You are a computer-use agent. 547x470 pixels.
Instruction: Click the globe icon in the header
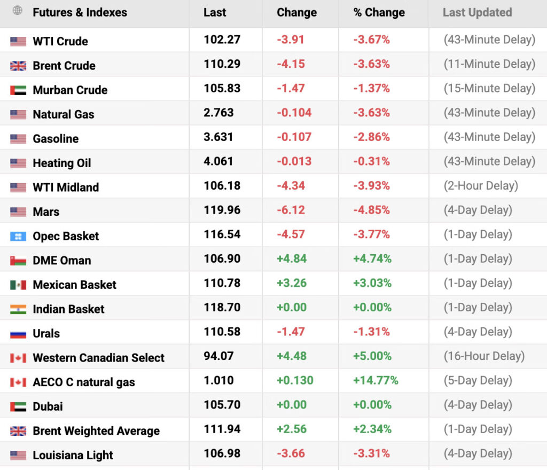tap(17, 11)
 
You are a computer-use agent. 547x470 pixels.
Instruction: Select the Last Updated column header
tap(477, 13)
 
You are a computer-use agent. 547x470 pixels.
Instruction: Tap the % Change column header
tap(379, 13)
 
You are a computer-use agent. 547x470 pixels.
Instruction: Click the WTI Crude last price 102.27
tap(222, 40)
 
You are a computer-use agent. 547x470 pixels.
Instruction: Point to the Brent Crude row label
tap(64, 66)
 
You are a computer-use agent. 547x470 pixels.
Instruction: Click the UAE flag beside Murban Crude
tap(18, 90)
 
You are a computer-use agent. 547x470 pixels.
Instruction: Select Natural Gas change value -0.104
tap(294, 113)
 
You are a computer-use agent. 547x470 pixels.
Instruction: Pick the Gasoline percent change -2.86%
tap(372, 137)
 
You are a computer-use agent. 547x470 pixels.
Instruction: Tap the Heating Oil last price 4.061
tap(218, 161)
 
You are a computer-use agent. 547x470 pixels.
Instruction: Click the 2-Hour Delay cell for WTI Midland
tap(481, 186)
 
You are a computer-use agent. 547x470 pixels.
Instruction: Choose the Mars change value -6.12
tap(291, 210)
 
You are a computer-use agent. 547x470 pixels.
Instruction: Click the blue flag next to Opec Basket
tap(18, 237)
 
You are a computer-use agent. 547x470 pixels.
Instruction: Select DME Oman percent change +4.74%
tap(372, 258)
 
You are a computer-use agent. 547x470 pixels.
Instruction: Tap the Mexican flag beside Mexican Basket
tap(18, 285)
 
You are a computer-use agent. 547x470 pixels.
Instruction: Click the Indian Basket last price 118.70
tap(222, 307)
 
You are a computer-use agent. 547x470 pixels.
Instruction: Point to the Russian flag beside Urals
tap(18, 334)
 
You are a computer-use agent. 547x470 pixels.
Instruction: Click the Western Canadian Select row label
tap(99, 358)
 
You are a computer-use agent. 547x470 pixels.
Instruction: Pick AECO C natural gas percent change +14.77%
tap(376, 380)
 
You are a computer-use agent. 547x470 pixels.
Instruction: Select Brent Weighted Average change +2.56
tap(292, 429)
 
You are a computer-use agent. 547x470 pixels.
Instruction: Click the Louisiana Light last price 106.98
tap(222, 453)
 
